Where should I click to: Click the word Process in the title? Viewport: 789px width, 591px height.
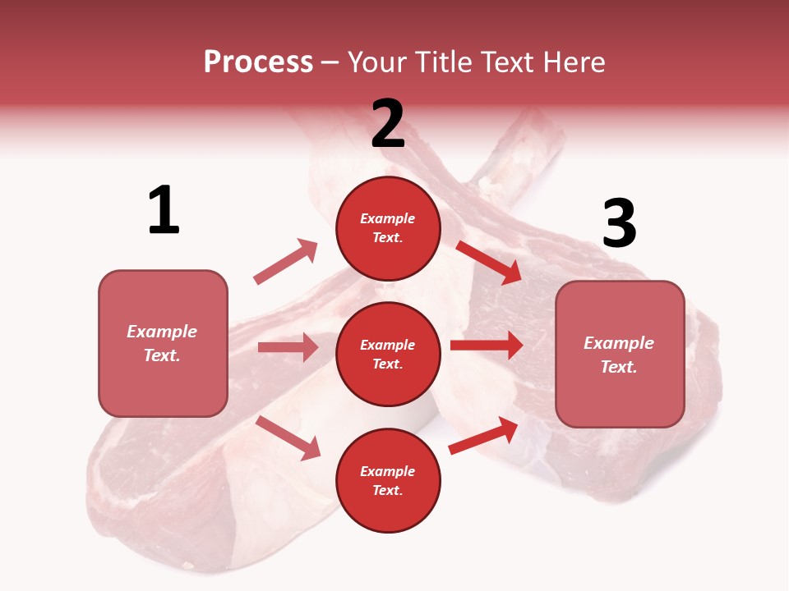258,62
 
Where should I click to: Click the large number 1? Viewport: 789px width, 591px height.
164,211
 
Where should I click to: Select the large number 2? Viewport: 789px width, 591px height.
388,124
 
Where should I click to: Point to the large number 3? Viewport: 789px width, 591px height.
619,224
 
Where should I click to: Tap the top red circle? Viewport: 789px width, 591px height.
388,228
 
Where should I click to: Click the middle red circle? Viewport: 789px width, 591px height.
388,354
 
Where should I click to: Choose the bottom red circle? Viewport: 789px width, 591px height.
388,480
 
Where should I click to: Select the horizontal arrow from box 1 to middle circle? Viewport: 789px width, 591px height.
288,347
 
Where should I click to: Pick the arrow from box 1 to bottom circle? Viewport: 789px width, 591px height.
288,438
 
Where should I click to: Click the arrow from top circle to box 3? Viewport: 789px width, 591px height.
489,262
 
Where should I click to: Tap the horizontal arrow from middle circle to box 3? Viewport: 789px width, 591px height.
486,345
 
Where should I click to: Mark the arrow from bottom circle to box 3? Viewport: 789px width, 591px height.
483,435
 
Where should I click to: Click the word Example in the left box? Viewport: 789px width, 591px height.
162,332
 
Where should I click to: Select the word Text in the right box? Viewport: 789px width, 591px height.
618,367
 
